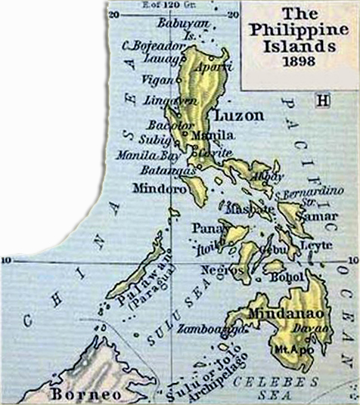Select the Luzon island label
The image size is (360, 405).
pyautogui.click(x=239, y=116)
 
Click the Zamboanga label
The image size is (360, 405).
pyautogui.click(x=203, y=330)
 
